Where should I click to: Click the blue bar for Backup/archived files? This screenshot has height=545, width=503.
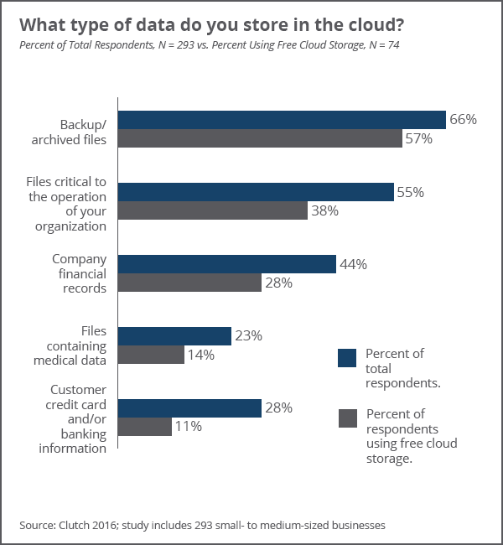(x=281, y=120)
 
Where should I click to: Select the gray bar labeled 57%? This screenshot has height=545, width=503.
(x=260, y=138)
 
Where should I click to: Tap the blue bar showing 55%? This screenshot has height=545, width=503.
(x=256, y=192)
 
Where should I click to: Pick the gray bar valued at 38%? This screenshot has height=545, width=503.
(x=212, y=210)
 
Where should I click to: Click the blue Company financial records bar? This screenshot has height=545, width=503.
(x=226, y=264)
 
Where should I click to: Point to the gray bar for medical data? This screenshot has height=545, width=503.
(x=151, y=355)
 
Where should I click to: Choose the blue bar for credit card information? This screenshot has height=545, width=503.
(x=189, y=408)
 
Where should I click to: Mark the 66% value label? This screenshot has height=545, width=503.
(x=463, y=120)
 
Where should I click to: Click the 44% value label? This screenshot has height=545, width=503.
(x=353, y=264)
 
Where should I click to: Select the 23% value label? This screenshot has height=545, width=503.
(x=248, y=335)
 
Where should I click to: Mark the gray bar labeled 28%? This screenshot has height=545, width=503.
(x=189, y=283)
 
